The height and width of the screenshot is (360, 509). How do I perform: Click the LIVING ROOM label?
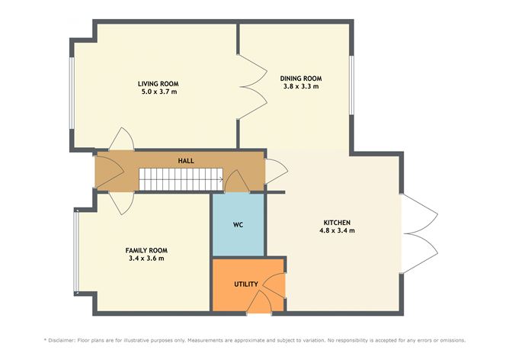158,83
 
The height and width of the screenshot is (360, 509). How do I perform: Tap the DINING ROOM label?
300,78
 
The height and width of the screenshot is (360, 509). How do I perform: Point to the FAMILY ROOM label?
146,250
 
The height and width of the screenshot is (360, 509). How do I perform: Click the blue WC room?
238,226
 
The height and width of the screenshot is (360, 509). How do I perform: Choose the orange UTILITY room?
245,284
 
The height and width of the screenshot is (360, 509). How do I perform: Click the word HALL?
185,161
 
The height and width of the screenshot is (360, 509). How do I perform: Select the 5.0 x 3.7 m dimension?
158,92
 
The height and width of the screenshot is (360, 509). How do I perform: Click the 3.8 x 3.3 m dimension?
300,86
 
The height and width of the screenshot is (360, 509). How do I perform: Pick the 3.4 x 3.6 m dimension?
146,259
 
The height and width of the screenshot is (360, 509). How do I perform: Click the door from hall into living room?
122,140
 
